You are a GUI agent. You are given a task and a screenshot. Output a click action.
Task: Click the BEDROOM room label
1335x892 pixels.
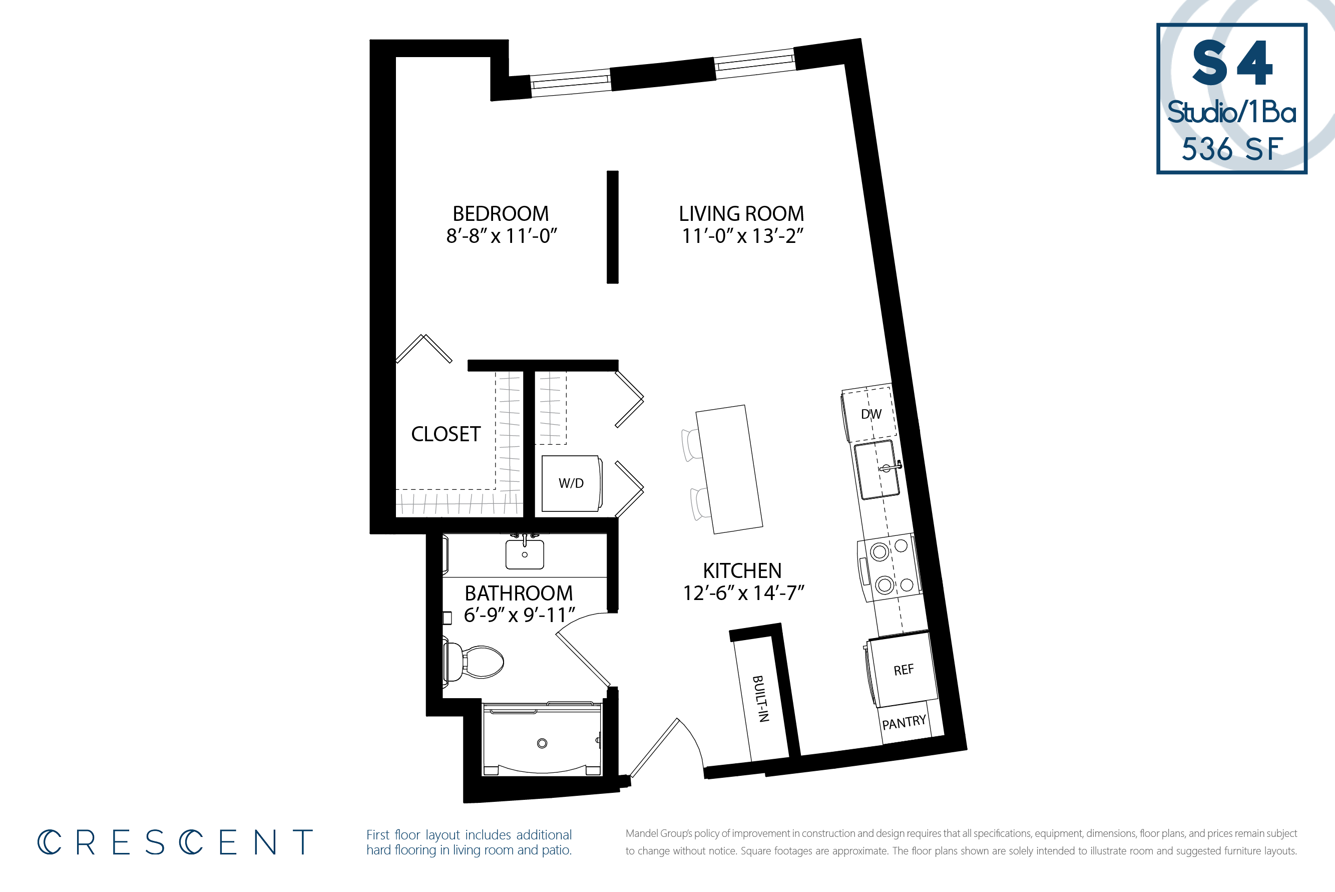[501, 214]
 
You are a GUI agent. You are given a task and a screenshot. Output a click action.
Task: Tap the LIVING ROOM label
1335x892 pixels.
[741, 214]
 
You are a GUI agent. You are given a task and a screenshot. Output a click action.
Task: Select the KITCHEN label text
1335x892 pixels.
[742, 570]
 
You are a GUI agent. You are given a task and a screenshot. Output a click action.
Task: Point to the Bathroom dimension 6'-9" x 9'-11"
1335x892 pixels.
[519, 615]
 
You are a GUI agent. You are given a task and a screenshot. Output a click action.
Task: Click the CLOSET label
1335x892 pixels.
[446, 434]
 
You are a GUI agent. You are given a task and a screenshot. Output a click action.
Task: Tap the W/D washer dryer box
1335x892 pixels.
[572, 483]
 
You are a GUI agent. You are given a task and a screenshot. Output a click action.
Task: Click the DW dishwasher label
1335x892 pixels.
[871, 414]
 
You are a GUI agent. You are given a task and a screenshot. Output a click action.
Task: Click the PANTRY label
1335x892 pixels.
[904, 723]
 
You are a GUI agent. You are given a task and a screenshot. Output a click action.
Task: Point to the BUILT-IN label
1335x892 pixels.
[761, 699]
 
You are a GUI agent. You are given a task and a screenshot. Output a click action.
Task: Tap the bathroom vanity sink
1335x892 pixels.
[524, 554]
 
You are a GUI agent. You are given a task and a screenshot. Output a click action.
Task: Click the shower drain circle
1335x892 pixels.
[542, 743]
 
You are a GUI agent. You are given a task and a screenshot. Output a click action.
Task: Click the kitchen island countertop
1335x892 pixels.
[729, 469]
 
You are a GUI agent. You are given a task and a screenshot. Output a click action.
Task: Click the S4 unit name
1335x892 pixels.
[1232, 63]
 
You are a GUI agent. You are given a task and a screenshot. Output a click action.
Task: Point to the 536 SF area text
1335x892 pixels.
[1232, 149]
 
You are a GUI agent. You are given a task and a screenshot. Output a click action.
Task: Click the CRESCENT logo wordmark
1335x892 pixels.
[175, 842]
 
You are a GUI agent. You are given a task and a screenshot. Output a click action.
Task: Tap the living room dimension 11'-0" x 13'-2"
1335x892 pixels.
[742, 235]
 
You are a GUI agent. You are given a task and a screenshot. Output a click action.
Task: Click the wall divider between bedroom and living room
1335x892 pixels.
[612, 227]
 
